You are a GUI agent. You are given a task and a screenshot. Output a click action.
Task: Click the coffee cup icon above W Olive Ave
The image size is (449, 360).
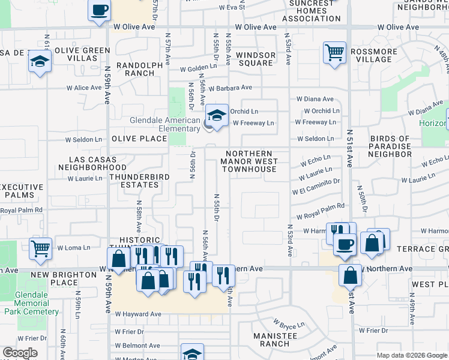100,11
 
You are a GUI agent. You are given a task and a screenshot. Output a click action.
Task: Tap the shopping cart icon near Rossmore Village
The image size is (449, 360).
334,52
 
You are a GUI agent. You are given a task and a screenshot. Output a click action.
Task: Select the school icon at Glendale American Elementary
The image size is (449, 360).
217,115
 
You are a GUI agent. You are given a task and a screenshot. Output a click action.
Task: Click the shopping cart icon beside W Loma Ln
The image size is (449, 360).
40,248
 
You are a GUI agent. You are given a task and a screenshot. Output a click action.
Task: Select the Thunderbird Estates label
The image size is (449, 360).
139,181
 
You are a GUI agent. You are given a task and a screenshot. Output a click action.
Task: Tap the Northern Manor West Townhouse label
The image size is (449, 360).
249,161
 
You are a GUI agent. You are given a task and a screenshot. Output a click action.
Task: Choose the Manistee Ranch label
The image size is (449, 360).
275,340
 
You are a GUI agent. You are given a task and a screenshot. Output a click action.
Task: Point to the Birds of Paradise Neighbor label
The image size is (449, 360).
390,146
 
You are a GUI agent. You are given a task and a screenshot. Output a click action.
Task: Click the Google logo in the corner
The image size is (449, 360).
20,353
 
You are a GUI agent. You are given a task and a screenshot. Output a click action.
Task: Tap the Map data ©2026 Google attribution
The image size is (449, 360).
411,355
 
